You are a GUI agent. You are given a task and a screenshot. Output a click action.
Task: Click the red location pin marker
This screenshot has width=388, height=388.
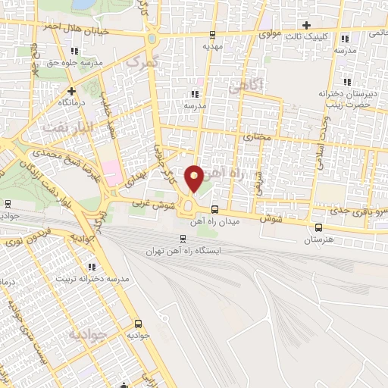pyautogui.click(x=195, y=177)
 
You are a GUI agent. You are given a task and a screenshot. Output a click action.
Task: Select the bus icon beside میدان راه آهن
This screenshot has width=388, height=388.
pyautogui.click(x=215, y=209)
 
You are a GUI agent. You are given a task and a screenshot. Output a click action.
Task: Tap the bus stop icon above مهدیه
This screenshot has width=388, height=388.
pyautogui.click(x=211, y=35)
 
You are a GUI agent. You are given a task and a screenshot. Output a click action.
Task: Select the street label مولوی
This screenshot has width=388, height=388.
pyautogui.click(x=271, y=34)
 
